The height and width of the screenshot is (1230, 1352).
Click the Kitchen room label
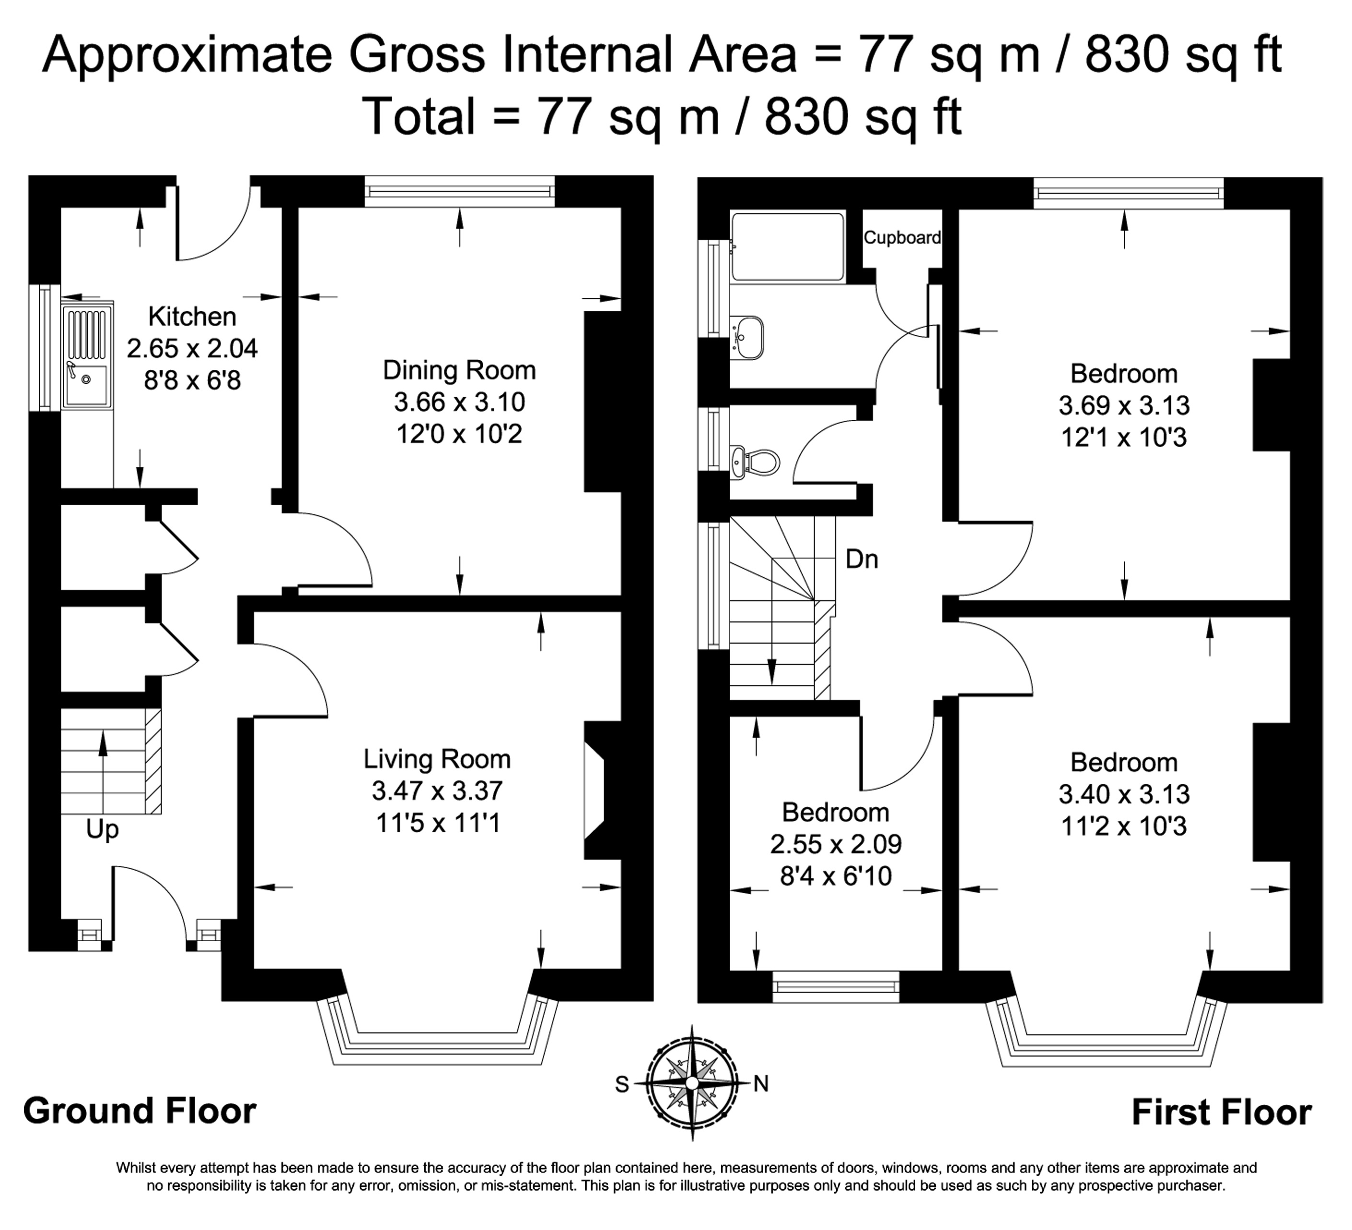pyautogui.click(x=192, y=317)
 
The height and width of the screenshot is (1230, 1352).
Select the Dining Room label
pyautogui.click(x=459, y=370)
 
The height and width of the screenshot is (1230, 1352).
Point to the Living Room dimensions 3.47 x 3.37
pyautogui.click(x=437, y=791)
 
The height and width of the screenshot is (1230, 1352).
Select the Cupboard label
pyautogui.click(x=902, y=237)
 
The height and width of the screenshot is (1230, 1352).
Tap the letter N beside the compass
pyautogui.click(x=761, y=1084)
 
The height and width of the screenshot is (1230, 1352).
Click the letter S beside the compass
pyautogui.click(x=622, y=1084)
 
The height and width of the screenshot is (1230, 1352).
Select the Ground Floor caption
pyautogui.click(x=140, y=1111)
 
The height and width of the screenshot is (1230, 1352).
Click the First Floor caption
pyautogui.click(x=1222, y=1112)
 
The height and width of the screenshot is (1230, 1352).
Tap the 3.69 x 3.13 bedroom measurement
pyautogui.click(x=1124, y=405)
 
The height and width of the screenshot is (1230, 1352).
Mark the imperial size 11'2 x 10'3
pyautogui.click(x=1124, y=826)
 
